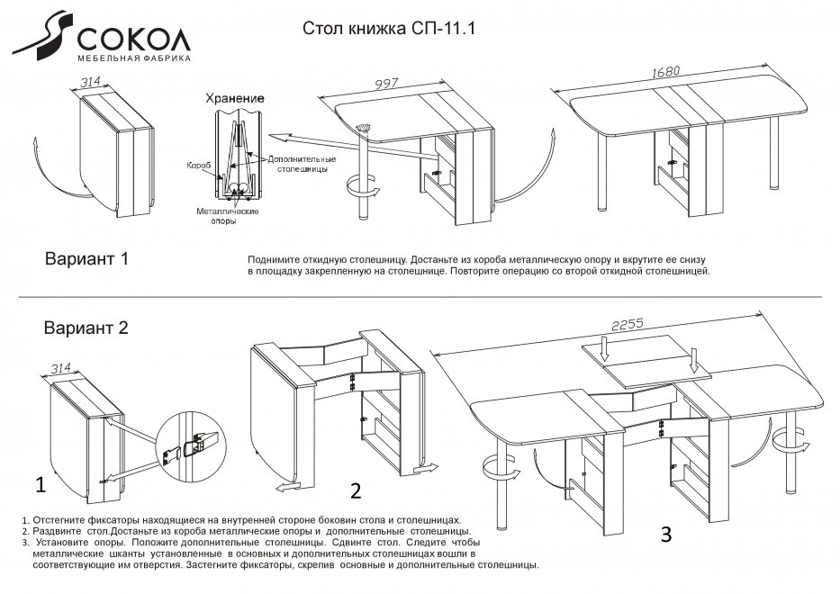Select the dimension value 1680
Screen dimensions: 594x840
click(664, 71)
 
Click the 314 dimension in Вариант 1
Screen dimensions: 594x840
click(90, 83)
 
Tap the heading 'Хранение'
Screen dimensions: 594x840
click(233, 97)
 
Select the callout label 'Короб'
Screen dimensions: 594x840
click(198, 166)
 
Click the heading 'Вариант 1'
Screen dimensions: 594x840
click(87, 259)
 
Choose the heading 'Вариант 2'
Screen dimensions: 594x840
click(86, 328)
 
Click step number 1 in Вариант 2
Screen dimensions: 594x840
click(40, 485)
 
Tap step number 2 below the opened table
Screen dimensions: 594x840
click(356, 490)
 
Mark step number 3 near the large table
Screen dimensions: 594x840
click(666, 535)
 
